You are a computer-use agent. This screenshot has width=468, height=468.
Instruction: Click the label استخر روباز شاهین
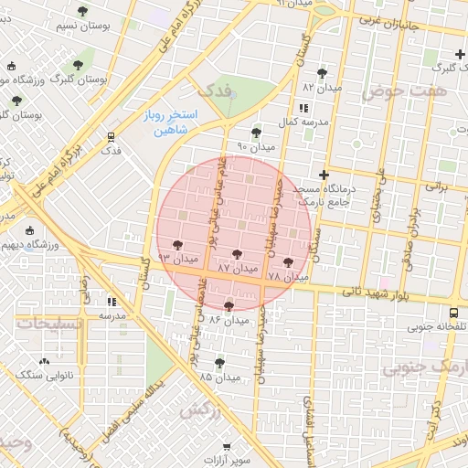pos(166,123)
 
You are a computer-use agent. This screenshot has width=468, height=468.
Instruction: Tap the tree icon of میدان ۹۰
pos(256,133)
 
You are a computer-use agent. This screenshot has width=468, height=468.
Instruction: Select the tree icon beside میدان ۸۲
pos(321,73)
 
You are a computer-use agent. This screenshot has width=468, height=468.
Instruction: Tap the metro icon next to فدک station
pos(111,136)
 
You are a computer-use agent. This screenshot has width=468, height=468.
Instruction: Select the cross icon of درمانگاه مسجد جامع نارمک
pos(323,174)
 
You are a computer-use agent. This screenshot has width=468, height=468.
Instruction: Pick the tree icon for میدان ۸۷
pos(238,254)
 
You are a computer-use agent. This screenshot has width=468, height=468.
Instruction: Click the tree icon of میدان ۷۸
pos(289,262)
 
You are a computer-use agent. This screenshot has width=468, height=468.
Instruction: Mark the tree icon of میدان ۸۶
pos(228,306)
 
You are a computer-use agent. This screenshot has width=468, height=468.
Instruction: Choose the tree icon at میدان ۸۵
pos(218,363)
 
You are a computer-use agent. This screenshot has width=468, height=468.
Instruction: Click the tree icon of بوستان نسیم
pos(83,11)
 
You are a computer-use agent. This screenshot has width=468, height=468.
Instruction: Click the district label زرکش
pos(201,411)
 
